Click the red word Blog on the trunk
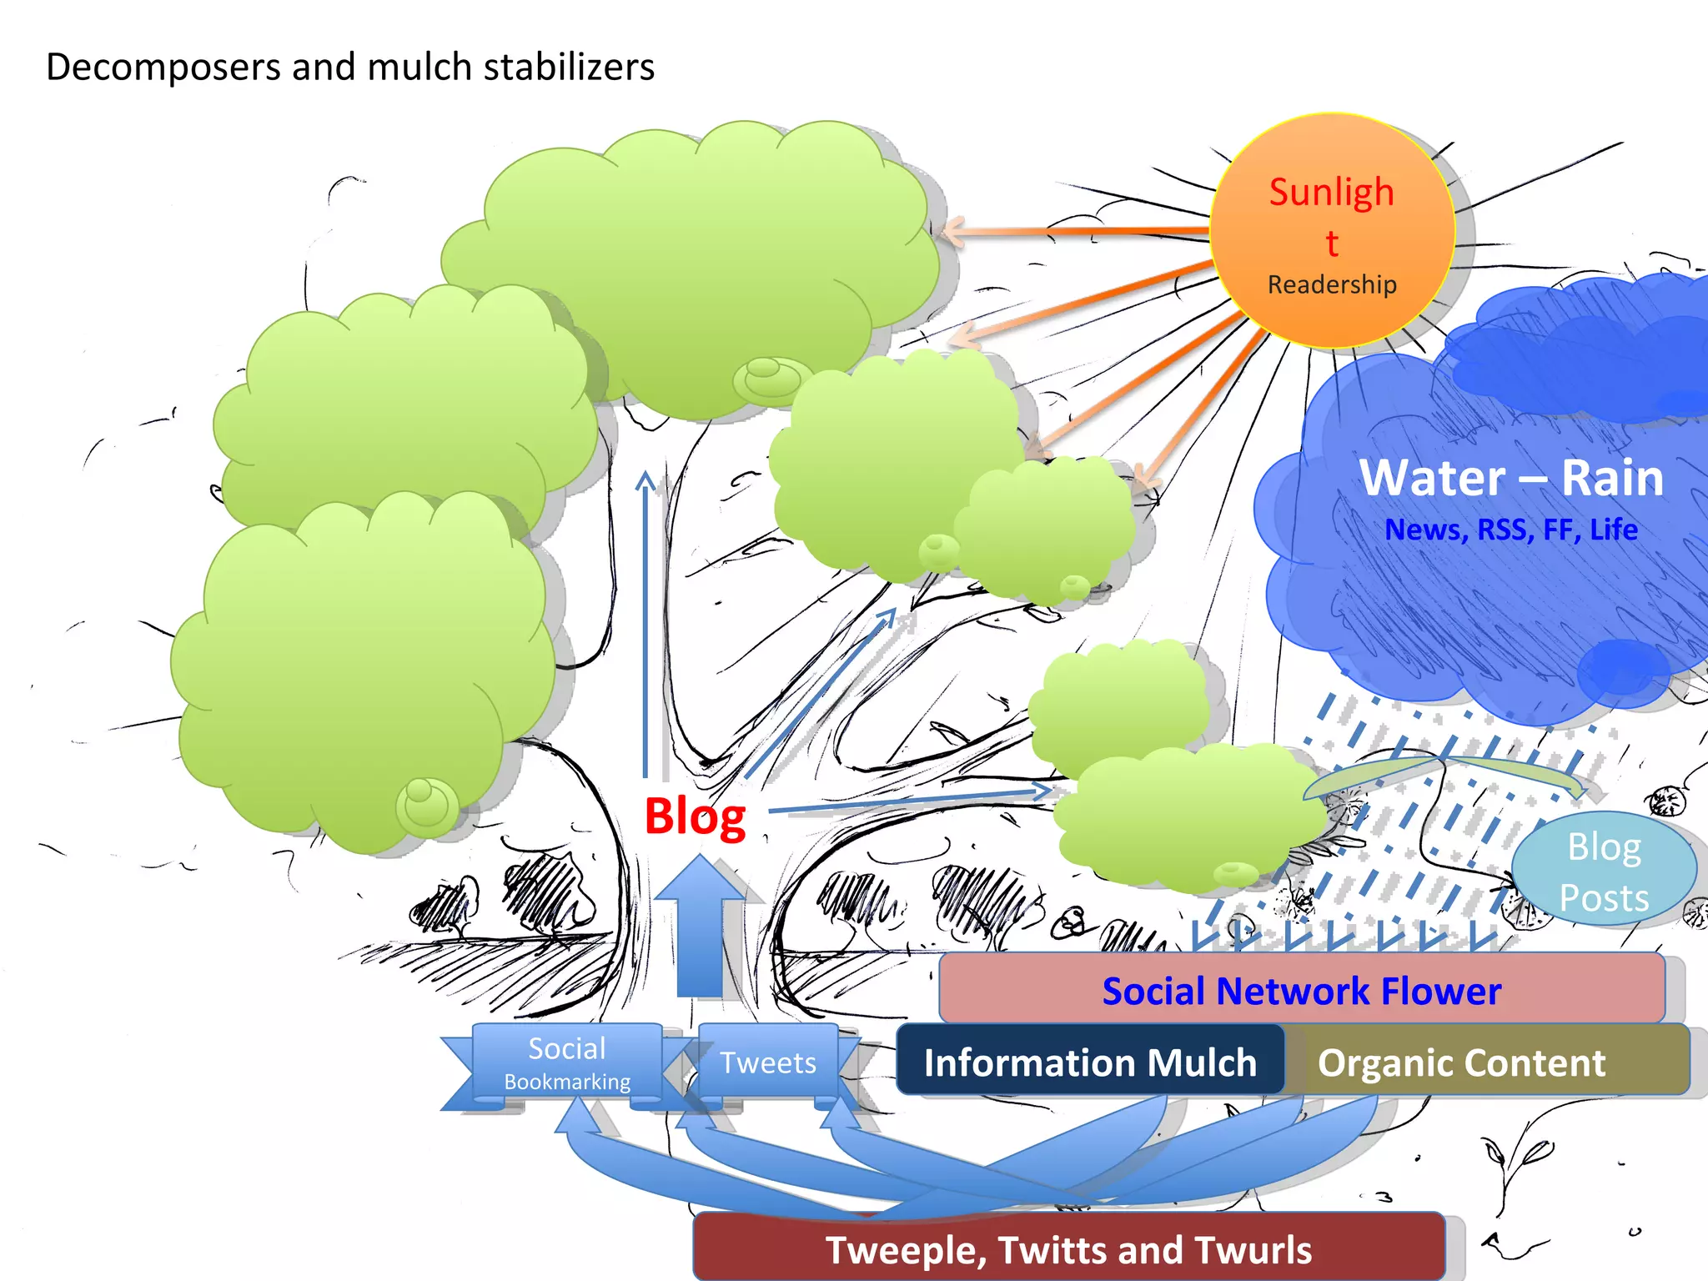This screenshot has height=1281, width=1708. [695, 816]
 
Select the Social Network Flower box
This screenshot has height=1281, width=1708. [1301, 990]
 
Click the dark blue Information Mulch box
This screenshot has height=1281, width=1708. [1089, 1062]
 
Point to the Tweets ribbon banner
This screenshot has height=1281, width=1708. [767, 1062]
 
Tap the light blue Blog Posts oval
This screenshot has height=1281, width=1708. [1604, 871]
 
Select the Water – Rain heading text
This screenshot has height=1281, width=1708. [1511, 478]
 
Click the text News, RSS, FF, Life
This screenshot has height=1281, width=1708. [1511, 530]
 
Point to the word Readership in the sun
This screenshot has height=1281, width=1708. [1332, 284]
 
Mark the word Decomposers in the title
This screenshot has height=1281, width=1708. [163, 67]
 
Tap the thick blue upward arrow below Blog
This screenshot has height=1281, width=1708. [699, 926]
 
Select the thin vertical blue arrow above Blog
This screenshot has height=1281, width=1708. [646, 625]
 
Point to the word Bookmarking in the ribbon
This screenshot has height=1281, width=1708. [567, 1082]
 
